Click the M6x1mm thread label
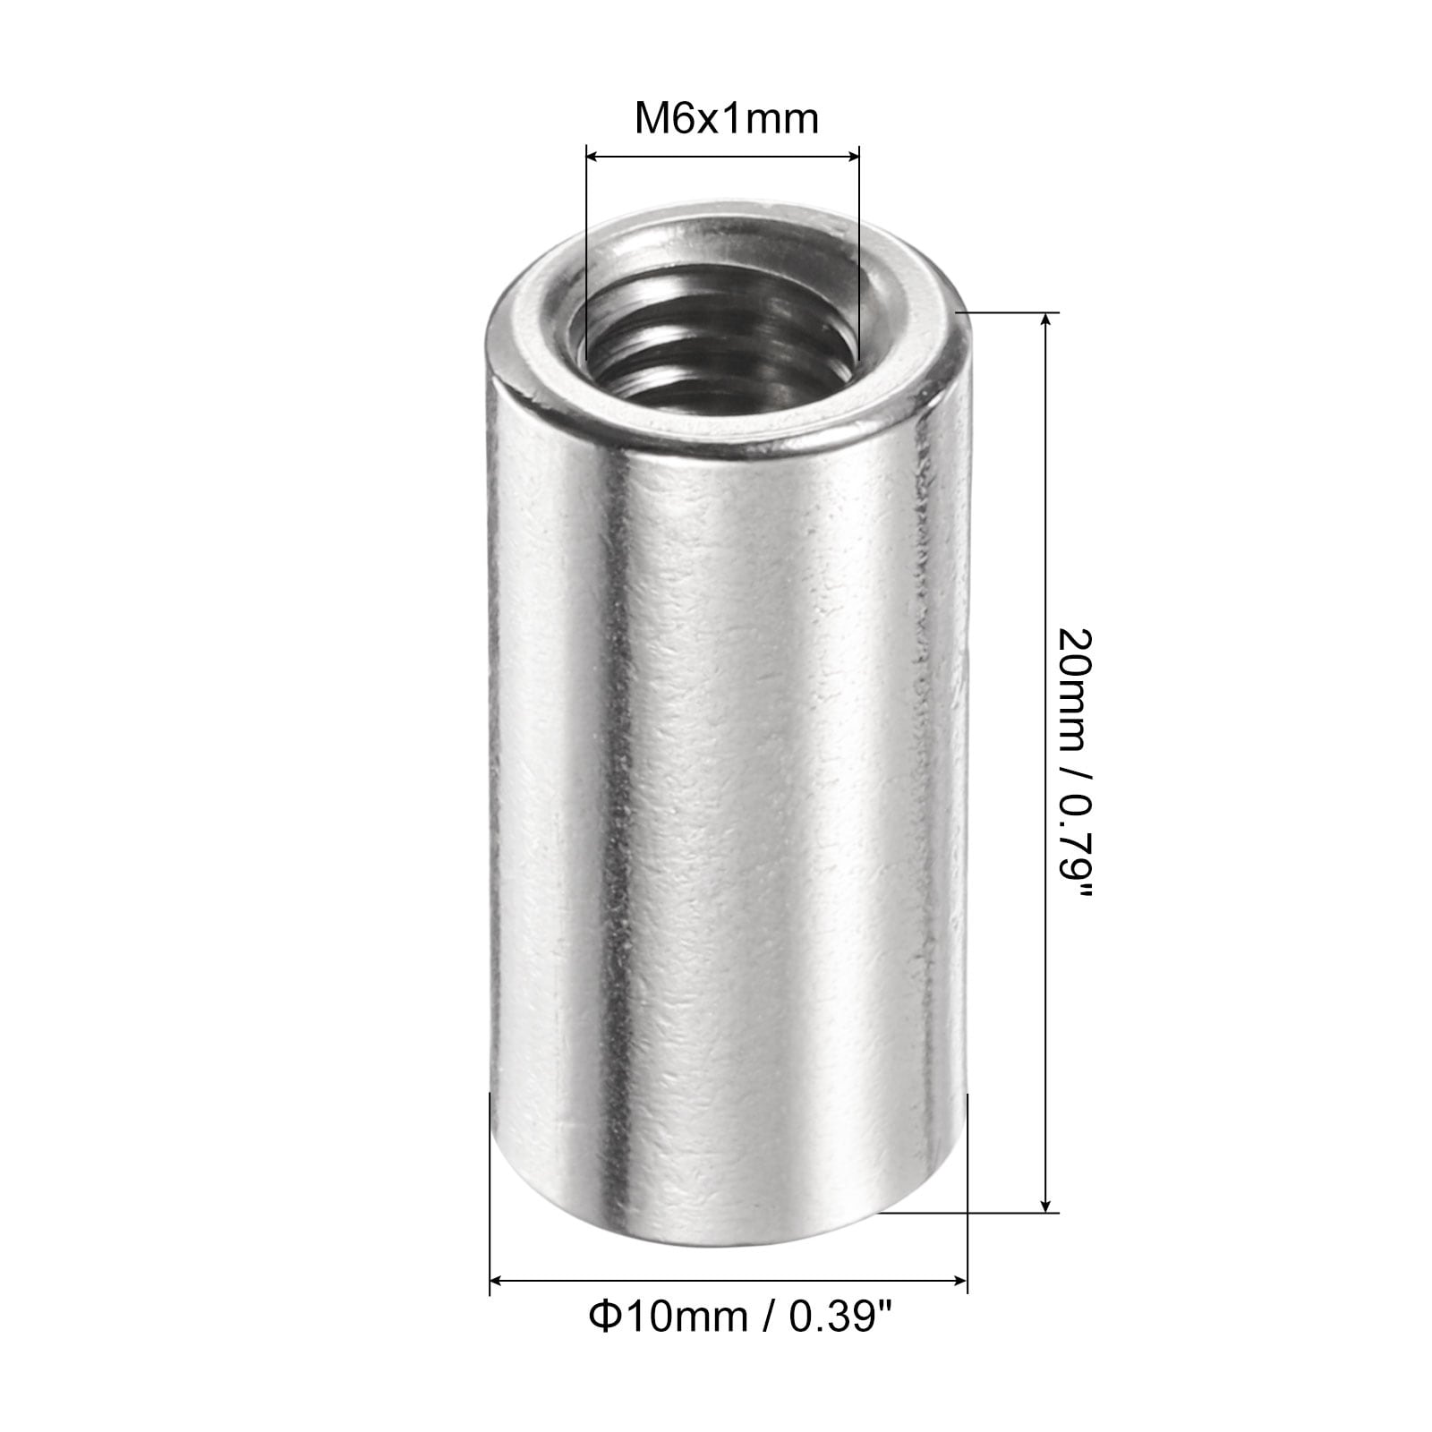[x=726, y=118]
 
